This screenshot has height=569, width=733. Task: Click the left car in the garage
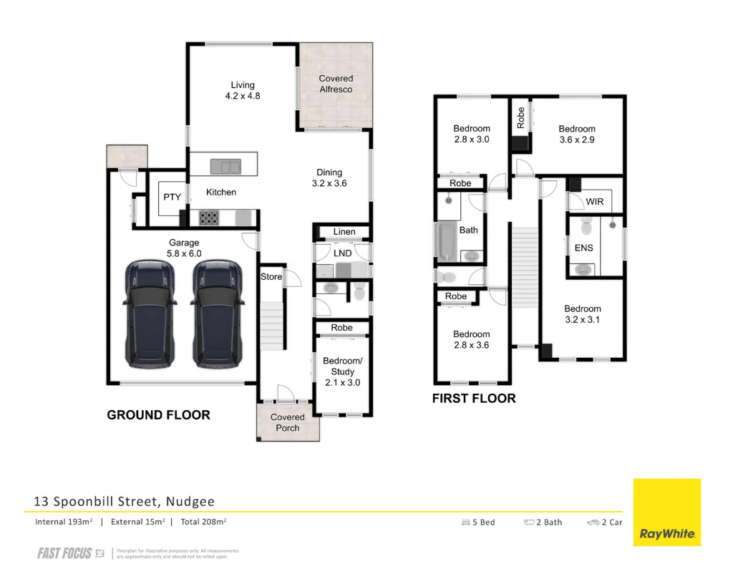150,314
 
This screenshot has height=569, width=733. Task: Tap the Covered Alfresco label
336,84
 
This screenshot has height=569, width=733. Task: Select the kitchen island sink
225,167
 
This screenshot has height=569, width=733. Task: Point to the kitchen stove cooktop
208,218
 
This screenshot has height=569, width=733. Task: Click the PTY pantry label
172,198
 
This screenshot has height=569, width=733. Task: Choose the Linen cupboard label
344,232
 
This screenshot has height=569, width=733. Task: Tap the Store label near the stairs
271,277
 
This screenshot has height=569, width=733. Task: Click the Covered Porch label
288,422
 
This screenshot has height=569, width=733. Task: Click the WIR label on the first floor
595,202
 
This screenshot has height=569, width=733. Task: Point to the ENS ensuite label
583,248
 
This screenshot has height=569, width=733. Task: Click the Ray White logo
667,512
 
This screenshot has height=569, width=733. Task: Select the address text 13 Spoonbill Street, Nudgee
124,502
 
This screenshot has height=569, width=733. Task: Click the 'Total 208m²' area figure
203,522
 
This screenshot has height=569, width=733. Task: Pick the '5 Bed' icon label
479,522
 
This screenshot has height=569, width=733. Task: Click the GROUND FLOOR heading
158,415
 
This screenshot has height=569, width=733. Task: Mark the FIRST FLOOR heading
474,399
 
